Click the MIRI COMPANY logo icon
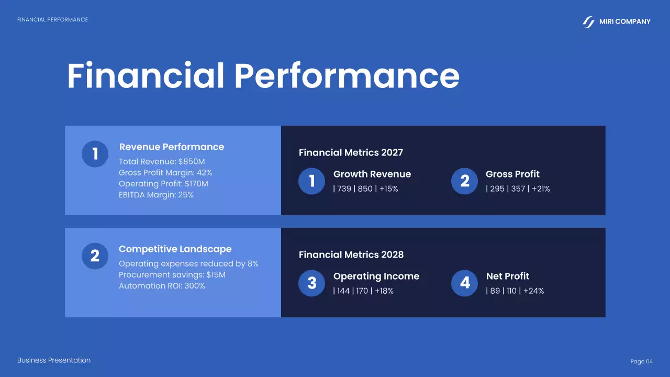589,22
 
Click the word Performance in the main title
347,76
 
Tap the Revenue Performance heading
171,147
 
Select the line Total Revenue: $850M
162,162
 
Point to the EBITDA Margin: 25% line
156,195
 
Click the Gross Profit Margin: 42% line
165,173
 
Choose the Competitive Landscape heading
175,249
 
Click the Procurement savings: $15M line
172,275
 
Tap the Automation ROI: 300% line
162,286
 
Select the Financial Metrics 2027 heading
351,153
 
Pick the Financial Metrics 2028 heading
351,255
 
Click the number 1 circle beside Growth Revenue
312,181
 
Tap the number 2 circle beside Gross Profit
465,181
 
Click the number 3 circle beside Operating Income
312,283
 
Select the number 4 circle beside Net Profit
465,283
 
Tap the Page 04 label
641,362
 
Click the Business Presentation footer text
54,360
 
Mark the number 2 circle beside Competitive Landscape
95,256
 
